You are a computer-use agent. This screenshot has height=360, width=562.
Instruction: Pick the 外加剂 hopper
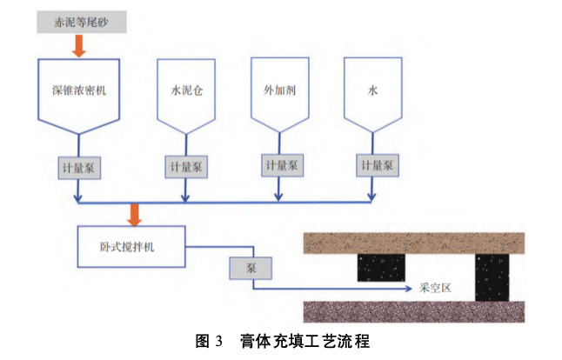click(280, 91)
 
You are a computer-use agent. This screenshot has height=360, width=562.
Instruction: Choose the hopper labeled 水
click(374, 91)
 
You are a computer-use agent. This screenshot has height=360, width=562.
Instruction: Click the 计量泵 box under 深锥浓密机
click(79, 164)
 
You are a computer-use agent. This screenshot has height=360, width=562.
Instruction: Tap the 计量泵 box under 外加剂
click(281, 163)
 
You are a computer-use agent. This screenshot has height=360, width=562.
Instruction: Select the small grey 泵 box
click(251, 270)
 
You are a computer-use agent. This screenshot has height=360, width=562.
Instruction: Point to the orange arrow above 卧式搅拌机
click(135, 214)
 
